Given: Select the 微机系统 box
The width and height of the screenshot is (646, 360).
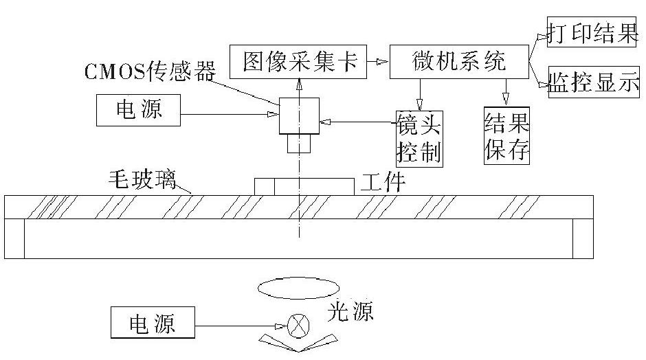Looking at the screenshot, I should coord(458,63).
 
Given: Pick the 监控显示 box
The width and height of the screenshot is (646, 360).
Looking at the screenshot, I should coord(592,83).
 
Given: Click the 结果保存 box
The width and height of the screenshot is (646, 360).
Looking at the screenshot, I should coord(507,136).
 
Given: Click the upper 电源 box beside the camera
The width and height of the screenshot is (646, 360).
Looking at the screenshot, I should coord(139,110).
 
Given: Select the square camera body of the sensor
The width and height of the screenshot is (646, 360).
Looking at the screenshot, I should coord(299,115).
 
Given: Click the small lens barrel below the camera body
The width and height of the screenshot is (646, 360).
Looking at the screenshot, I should coord(299,144).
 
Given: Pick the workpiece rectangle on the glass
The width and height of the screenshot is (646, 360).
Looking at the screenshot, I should coord(304,186).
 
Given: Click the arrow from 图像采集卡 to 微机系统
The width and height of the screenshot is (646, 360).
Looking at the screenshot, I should coord(378,63).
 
